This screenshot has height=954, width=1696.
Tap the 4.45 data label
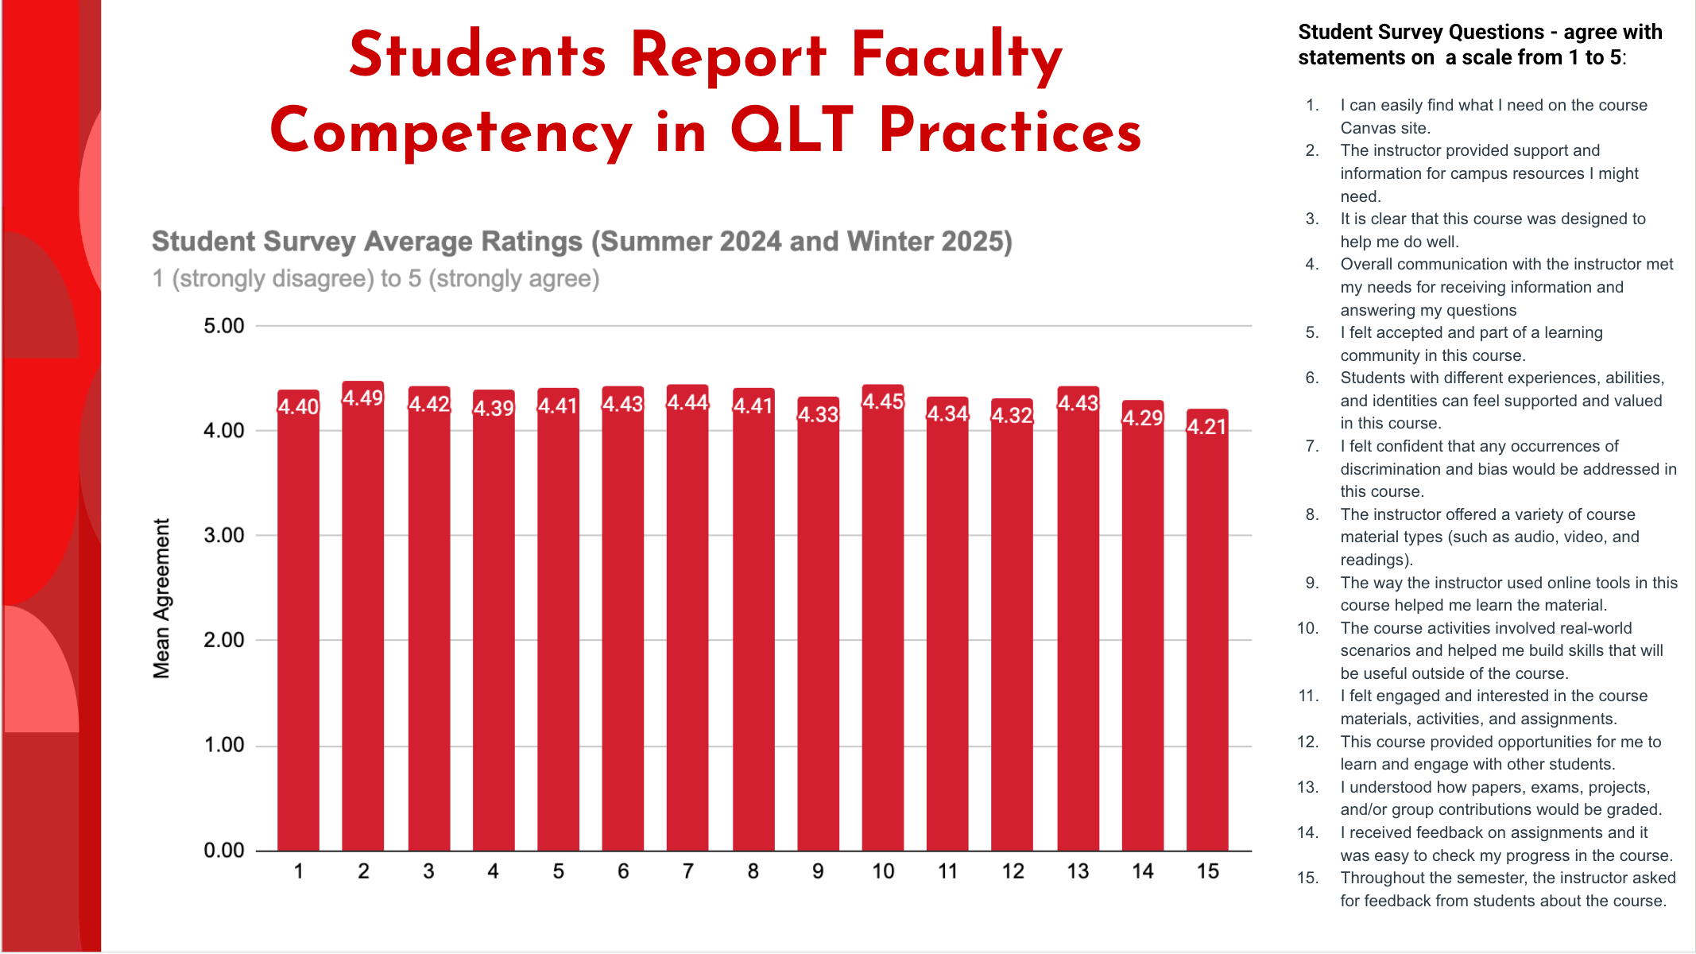[x=883, y=401]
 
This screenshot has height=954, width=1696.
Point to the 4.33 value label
[x=818, y=414]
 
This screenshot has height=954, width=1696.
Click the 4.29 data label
[x=1142, y=417]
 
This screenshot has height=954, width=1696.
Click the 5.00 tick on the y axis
[x=223, y=326]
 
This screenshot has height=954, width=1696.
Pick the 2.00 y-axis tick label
[x=223, y=640]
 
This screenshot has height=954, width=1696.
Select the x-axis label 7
[x=687, y=871]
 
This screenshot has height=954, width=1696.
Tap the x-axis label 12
[x=1013, y=871]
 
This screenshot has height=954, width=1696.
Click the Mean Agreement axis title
[x=161, y=598]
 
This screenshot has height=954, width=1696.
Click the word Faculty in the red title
[x=956, y=57]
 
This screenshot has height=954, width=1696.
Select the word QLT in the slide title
[x=792, y=131]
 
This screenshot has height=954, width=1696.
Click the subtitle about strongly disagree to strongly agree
[x=375, y=279]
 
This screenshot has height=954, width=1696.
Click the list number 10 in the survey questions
[x=1307, y=628]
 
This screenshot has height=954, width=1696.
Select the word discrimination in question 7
[x=1390, y=469]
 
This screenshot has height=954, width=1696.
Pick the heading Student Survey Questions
[x=1421, y=33]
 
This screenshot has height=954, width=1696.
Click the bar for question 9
[x=818, y=636]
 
